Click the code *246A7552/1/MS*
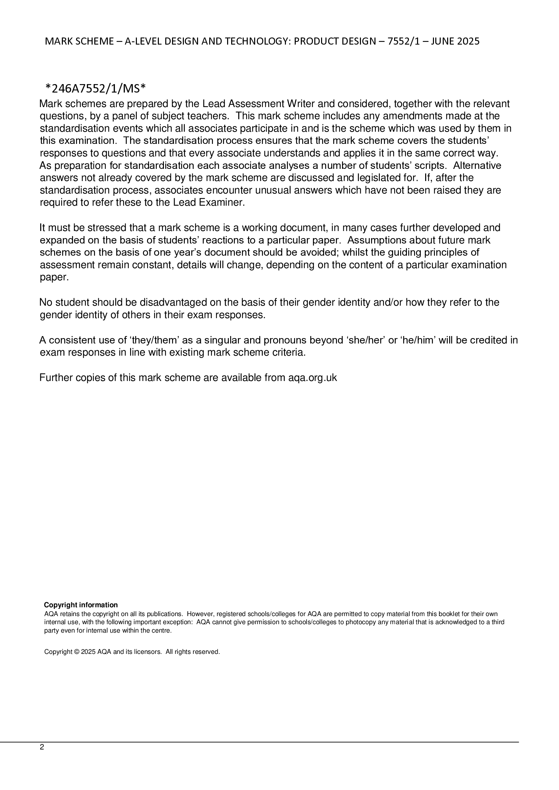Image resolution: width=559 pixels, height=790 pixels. coord(96,89)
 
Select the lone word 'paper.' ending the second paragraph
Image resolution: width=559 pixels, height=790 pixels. coord(54,277)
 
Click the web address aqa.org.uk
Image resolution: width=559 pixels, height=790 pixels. coord(313,378)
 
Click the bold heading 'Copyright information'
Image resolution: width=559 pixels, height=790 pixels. coord(81,605)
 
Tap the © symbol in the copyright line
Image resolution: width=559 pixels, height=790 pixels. coord(77,652)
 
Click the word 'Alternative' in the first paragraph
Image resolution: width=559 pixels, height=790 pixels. coord(477,165)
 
